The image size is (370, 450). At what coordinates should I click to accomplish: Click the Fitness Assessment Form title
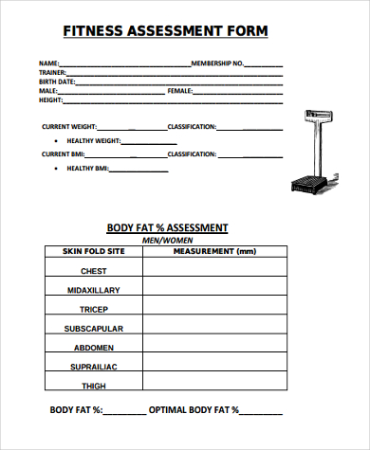165,31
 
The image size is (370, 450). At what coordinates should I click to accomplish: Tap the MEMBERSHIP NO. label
218,63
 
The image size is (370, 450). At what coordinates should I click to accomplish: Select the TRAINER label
51,72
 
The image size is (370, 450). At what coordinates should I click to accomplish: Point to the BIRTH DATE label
56,81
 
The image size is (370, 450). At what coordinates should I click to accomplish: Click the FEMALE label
179,90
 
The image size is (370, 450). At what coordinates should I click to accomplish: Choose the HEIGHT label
50,99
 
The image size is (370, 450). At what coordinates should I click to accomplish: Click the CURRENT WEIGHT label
68,126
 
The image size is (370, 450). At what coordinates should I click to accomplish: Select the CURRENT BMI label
64,153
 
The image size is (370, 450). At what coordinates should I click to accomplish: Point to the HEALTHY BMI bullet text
87,169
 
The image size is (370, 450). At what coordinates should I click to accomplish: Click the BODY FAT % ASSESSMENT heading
167,227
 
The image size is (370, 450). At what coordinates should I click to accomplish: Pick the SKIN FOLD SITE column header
93,251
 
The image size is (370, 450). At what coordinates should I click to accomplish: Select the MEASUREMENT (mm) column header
215,251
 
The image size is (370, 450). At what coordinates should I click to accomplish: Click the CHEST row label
93,271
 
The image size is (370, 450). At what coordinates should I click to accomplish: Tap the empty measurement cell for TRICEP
215,310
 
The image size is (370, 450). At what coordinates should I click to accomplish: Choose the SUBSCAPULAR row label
93,329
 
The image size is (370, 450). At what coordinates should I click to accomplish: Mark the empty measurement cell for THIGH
215,386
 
